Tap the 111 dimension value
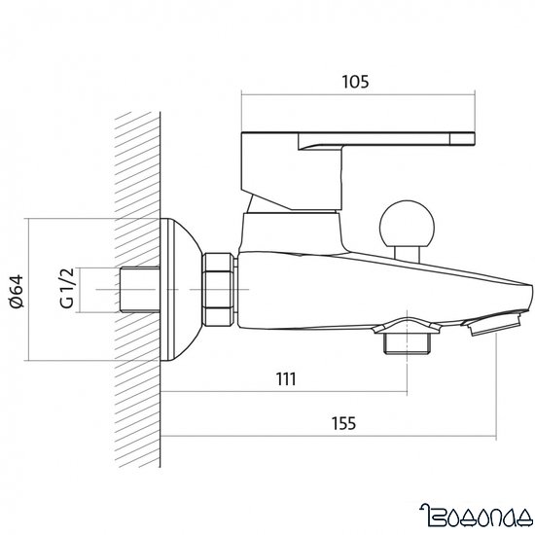tap(285, 377)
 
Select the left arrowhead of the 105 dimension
tap(245, 94)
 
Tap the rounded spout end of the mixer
tap(524, 293)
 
